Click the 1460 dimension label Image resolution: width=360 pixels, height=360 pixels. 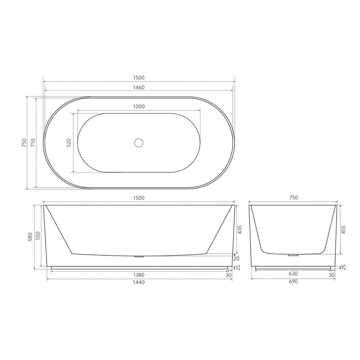click(139, 87)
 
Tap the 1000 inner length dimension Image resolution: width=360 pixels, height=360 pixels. click(139, 106)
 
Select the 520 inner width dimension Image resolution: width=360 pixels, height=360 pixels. click(69, 143)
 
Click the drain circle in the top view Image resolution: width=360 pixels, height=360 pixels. click(139, 143)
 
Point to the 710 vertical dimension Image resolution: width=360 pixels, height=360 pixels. click(33, 143)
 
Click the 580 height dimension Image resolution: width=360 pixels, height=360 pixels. click(31, 237)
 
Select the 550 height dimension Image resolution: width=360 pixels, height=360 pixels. click(38, 236)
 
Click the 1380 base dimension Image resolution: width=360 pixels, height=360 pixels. click(139, 275)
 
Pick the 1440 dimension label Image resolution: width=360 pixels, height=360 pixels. click(139, 282)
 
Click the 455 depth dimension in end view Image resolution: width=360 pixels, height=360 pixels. click(344, 230)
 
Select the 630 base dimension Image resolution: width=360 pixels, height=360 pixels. click(293, 274)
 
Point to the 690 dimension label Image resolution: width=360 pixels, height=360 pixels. click(293, 281)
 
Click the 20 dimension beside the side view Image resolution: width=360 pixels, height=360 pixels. click(237, 258)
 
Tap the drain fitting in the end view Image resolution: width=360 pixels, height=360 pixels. click(293, 255)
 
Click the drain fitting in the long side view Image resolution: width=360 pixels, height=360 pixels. click(139, 256)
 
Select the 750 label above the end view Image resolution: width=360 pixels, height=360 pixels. click(293, 198)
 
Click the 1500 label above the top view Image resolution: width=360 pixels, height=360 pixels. click(139, 78)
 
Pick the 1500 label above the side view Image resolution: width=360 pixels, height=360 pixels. click(139, 198)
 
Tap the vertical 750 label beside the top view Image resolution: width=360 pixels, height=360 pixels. click(24, 143)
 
